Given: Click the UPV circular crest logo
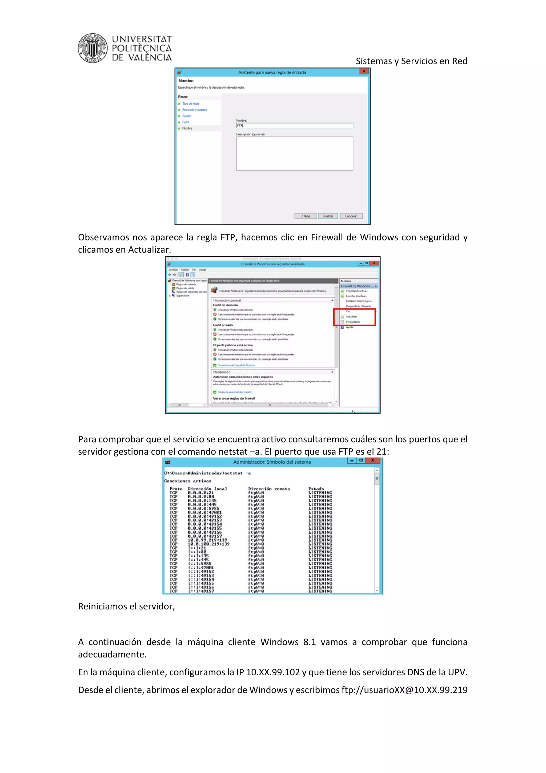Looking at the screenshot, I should click(x=93, y=48).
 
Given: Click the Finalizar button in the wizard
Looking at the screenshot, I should click(x=328, y=216).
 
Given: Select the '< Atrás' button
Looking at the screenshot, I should click(x=306, y=216).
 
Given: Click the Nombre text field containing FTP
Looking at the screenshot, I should click(x=294, y=126).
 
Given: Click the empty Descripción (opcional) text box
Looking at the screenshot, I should click(x=294, y=153).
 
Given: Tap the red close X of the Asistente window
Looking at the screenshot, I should click(x=364, y=71).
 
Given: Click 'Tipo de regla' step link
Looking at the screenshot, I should click(x=191, y=104).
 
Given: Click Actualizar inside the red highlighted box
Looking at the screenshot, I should click(x=352, y=316).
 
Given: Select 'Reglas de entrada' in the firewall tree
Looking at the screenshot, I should click(x=186, y=284).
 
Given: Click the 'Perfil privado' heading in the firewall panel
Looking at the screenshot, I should click(x=223, y=325).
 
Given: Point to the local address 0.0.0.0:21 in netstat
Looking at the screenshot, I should click(x=201, y=493).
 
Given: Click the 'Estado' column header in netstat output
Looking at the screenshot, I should click(x=316, y=489).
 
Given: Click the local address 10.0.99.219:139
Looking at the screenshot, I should click(x=207, y=540).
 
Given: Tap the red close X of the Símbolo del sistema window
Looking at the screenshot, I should click(x=373, y=460).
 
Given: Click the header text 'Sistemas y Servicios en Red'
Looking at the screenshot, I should click(x=411, y=61).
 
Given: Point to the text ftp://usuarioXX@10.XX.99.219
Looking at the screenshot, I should click(x=404, y=690).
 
